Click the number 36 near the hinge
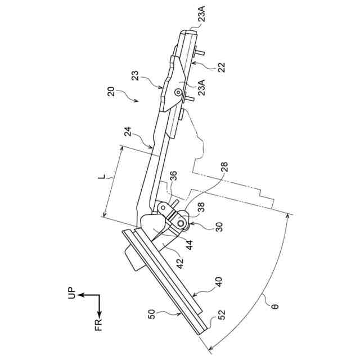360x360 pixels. coord(173,177)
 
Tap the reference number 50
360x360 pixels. coord(152,315)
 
